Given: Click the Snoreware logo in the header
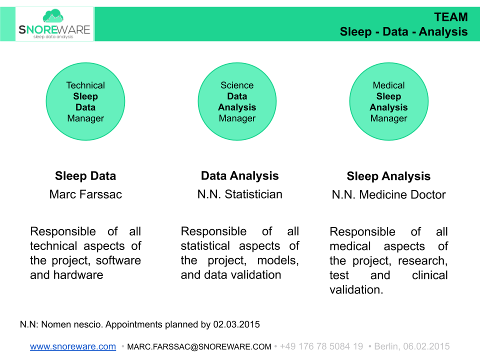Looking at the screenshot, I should [54, 24].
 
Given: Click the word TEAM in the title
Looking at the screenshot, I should [450, 17].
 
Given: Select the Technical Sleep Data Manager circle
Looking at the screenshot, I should [85, 101].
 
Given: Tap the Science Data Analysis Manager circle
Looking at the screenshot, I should [237, 101].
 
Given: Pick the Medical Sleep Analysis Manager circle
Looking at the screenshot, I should [388, 101].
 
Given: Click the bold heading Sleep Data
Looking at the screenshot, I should [85, 176].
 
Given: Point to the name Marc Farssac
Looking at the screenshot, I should [85, 194].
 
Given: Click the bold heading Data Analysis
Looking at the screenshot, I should [239, 176].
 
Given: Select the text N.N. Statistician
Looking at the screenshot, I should [239, 194].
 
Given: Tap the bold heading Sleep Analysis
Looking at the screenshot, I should [388, 176].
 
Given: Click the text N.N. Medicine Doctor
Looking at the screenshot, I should [388, 195].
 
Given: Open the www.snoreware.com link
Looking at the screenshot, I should [73, 346].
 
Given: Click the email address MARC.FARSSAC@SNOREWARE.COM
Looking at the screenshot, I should [199, 346].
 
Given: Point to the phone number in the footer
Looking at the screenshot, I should [321, 346].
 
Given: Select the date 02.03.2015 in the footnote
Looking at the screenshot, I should [236, 324].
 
